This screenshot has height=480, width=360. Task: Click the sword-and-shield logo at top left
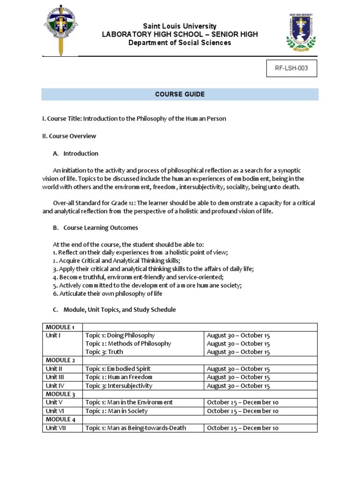point(61,29)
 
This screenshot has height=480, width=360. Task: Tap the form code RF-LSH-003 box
point(291,68)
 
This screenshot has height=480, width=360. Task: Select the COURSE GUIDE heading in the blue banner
point(180,94)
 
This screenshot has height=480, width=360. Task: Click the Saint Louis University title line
point(180,26)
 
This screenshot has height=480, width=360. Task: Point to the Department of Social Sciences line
point(180,43)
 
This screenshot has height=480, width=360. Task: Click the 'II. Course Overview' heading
point(69,136)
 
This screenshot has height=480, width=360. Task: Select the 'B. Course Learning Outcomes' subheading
point(95,227)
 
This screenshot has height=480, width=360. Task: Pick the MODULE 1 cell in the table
point(60,327)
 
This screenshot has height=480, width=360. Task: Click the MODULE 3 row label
point(60,394)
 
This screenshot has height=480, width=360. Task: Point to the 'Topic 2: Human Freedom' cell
point(119,377)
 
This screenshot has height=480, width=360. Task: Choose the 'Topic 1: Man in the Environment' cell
point(129,402)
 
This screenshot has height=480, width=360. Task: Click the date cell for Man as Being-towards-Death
point(243,427)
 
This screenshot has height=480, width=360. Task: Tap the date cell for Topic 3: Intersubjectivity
point(238,386)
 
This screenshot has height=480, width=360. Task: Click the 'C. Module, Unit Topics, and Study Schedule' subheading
point(114,310)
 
